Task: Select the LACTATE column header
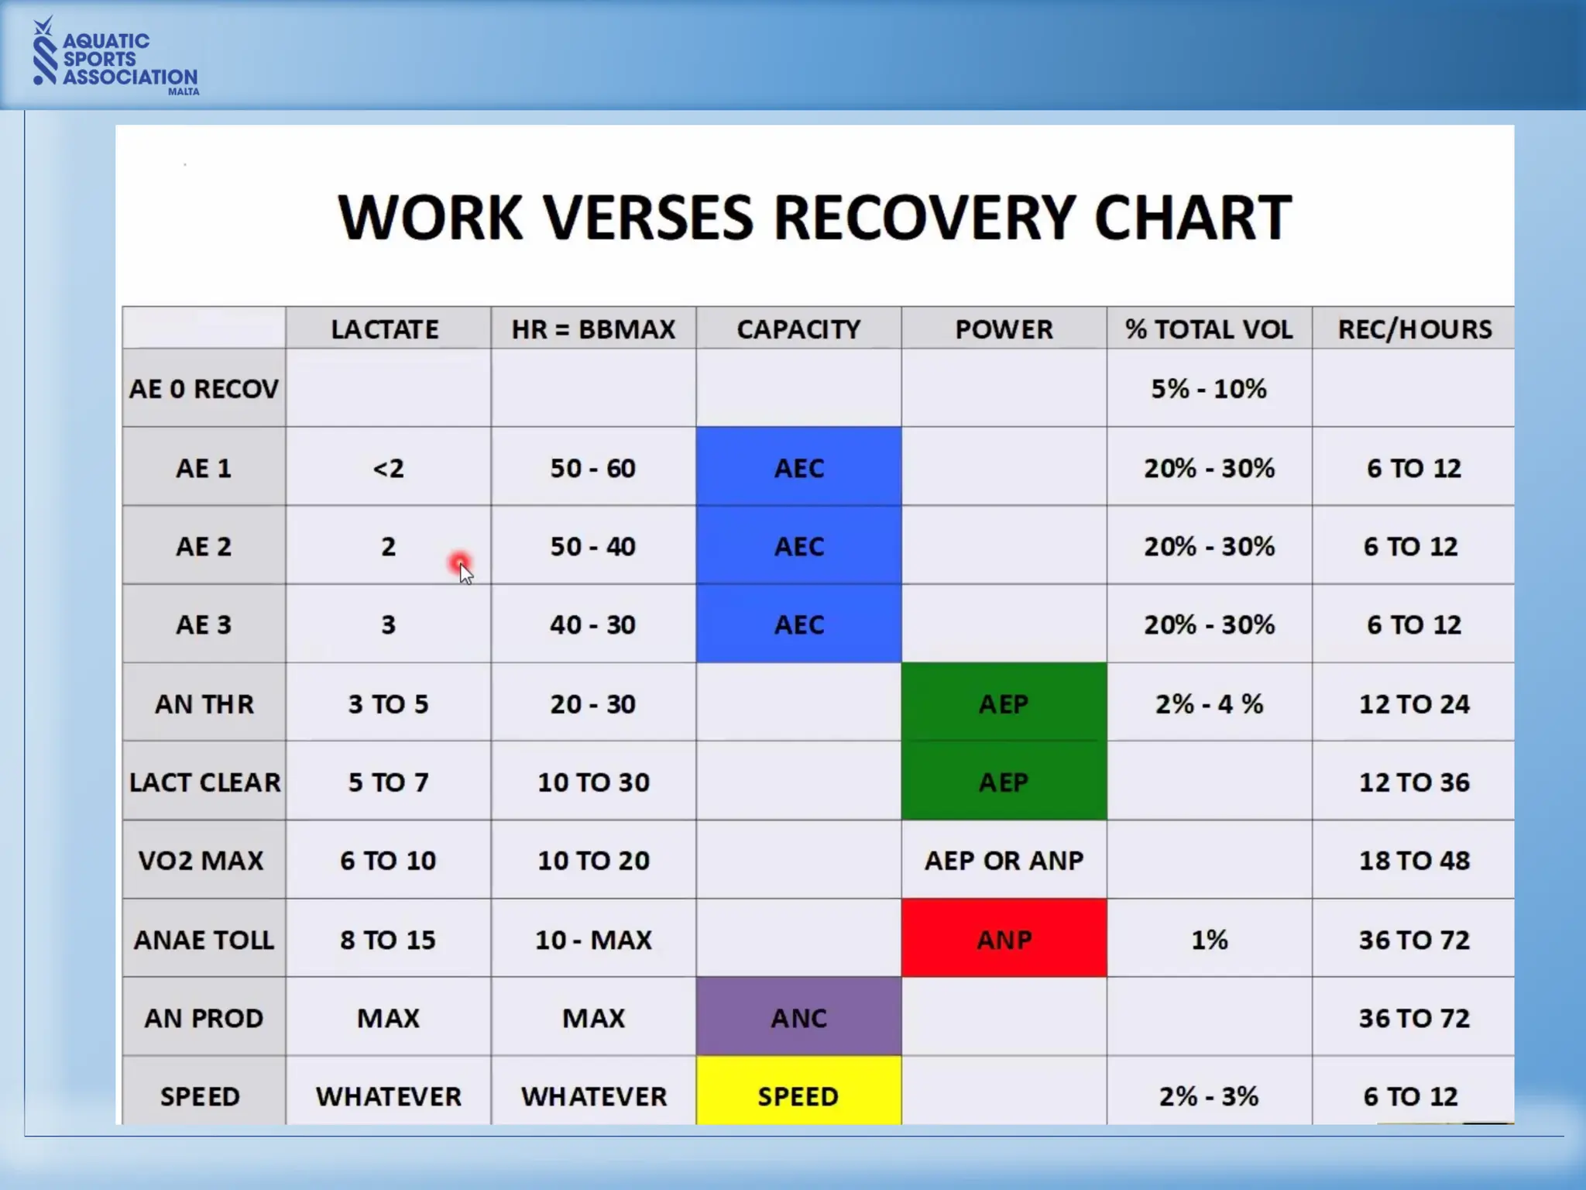tap(385, 329)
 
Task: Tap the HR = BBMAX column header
tap(593, 329)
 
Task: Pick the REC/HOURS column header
tap(1414, 329)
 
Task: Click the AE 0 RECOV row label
tap(204, 388)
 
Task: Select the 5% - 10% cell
tap(1209, 388)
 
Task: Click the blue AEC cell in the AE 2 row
tap(798, 546)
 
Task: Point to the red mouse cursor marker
tap(460, 562)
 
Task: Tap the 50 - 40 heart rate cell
tap(593, 546)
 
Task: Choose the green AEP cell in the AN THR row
tap(1004, 703)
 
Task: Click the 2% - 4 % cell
tap(1209, 703)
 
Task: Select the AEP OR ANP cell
tap(1004, 860)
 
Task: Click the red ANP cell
tap(1004, 939)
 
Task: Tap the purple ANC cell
tap(798, 1017)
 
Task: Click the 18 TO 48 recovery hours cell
tap(1414, 860)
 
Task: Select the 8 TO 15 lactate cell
tap(388, 939)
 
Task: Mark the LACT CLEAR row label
tap(204, 782)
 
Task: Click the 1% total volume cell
tap(1209, 939)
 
